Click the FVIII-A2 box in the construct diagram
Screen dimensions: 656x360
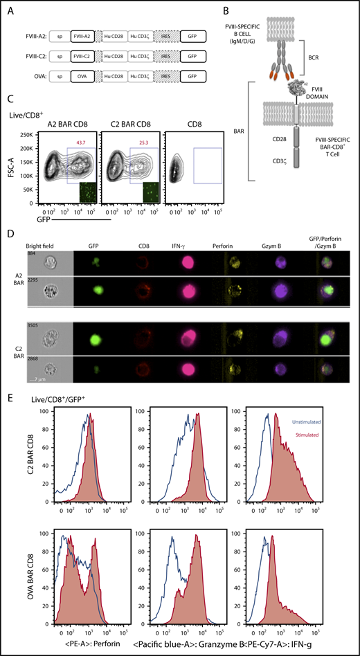click(86, 33)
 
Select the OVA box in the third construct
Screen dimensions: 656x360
click(86, 73)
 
